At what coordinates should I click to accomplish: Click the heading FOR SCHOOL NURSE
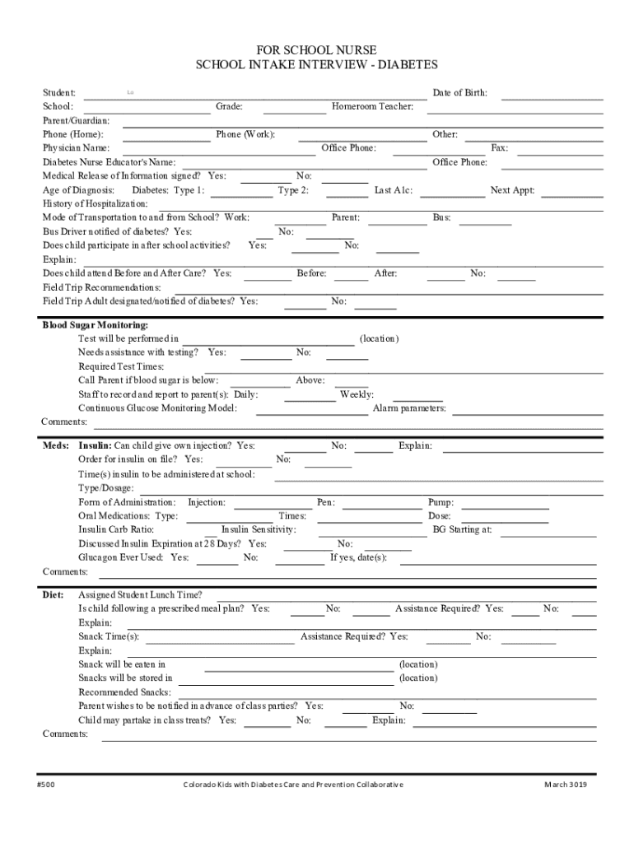click(317, 51)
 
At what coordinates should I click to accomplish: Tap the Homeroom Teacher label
click(372, 107)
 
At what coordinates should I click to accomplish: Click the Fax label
click(499, 148)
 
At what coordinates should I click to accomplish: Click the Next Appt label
click(512, 191)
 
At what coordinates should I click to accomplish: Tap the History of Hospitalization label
click(96, 204)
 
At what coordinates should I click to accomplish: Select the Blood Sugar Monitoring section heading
click(96, 325)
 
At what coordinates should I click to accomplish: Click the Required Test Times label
click(121, 366)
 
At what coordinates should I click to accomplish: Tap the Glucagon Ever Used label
click(120, 557)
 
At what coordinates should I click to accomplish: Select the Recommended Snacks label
click(124, 692)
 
